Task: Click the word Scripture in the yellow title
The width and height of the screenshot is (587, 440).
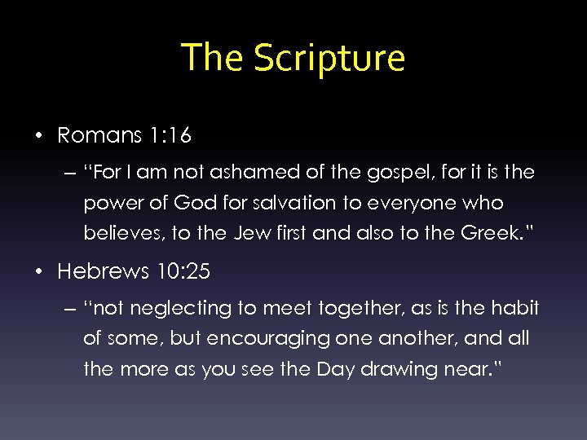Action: point(329,59)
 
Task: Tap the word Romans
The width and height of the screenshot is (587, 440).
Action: point(99,135)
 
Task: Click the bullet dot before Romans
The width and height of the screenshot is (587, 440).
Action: point(39,136)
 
